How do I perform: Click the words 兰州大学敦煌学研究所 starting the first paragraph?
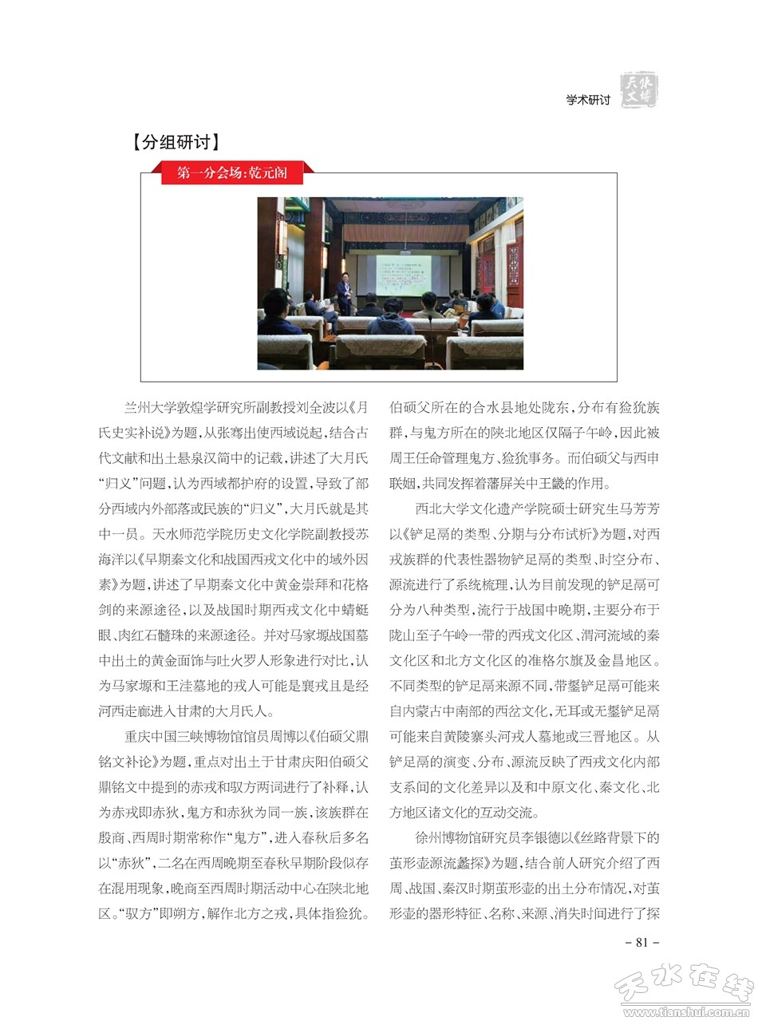[191, 406]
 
